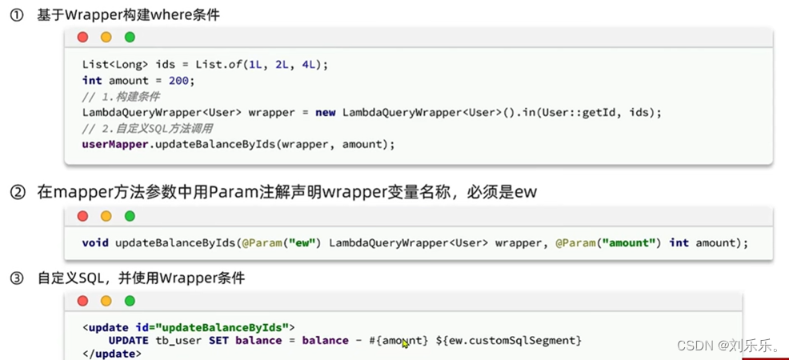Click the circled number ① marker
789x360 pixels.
16,14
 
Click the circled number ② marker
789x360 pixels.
16,193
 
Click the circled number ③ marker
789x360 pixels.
16,278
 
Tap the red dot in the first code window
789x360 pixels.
83,38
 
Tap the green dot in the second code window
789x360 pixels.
130,216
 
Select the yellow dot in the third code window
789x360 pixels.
106,301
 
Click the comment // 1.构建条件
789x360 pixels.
121,96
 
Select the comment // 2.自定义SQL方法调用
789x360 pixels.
146,128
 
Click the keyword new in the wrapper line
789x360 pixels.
325,112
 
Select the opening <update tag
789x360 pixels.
105,327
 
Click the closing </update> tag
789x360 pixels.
109,353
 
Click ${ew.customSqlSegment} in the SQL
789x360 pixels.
508,340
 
